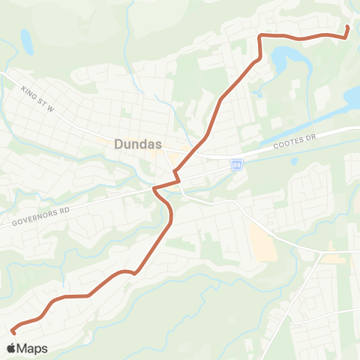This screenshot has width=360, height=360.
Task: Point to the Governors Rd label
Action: tap(40, 217)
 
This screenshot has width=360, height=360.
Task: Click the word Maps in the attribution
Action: tap(32, 348)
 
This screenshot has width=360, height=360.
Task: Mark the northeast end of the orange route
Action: tap(346, 28)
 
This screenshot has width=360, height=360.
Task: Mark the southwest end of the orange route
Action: tap(13, 331)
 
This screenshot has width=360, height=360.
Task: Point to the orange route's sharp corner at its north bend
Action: tap(259, 35)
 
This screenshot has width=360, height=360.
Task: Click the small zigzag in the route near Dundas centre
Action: tap(178, 177)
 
